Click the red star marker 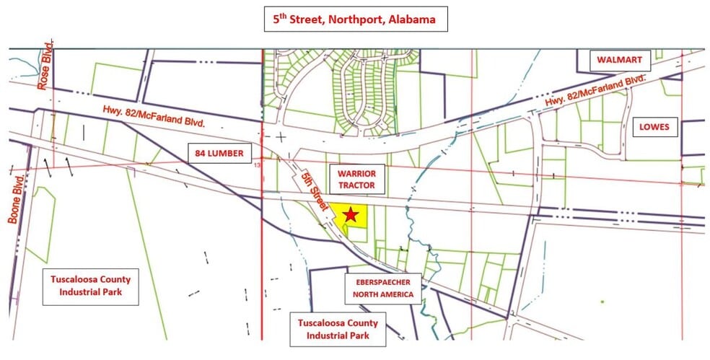point(351,214)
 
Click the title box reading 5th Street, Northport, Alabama point(354,19)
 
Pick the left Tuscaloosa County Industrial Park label point(91,286)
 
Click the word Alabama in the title point(413,19)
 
